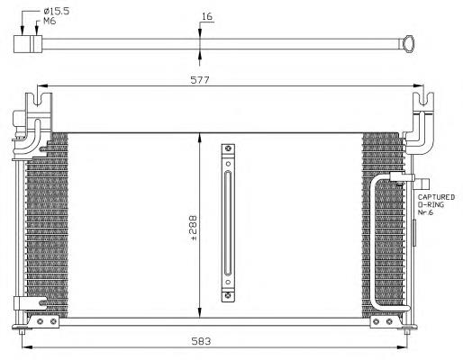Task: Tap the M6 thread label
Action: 50,22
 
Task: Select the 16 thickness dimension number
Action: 207,16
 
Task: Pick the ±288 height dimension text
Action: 192,225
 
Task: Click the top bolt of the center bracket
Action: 228,148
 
